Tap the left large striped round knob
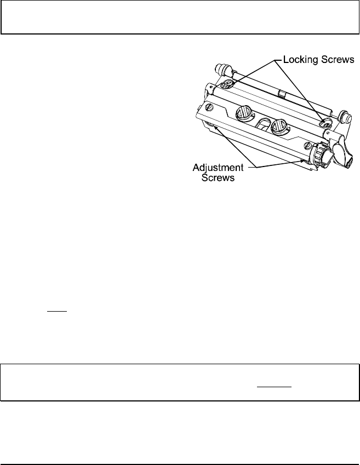pyautogui.click(x=242, y=114)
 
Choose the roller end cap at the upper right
pyautogui.click(x=345, y=116)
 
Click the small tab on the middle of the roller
pyautogui.click(x=281, y=94)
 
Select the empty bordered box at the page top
pyautogui.click(x=180, y=17)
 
